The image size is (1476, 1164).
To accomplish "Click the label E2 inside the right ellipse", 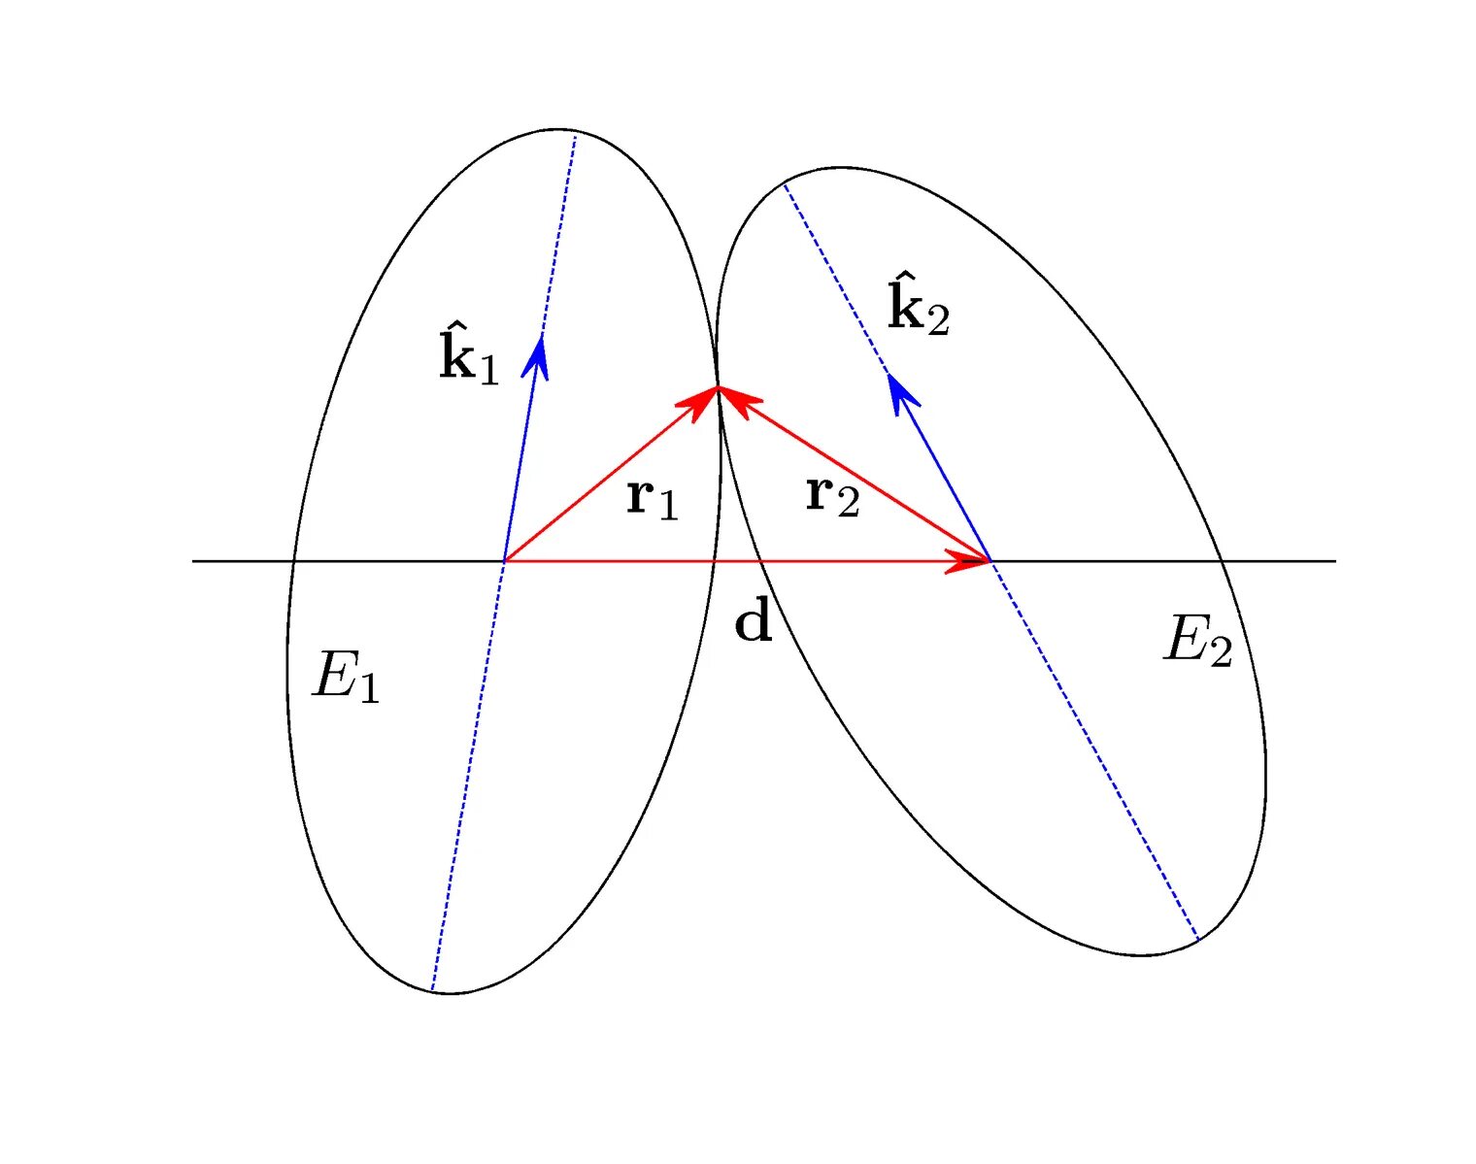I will click(1198, 642).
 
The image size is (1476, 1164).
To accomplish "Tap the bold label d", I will click(754, 621).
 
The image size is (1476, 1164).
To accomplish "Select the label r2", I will click(832, 496).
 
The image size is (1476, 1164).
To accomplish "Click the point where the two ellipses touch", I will click(719, 387).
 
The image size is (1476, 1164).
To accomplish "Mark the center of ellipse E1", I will click(504, 561).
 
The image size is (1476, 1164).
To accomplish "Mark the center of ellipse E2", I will click(990, 561).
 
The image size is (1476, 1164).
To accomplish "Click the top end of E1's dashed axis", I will click(576, 136).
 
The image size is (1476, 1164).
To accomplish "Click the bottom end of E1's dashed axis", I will click(432, 990).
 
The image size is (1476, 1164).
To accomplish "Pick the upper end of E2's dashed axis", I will click(784, 183).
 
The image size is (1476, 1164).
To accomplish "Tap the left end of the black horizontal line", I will click(193, 561).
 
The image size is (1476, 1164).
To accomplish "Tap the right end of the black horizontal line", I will click(1335, 561).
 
